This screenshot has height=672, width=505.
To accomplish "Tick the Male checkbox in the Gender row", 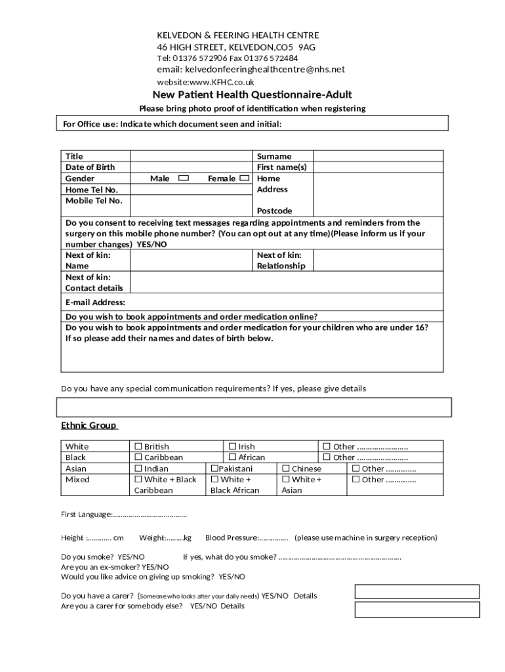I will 184,178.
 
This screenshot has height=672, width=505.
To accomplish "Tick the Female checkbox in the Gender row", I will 244,178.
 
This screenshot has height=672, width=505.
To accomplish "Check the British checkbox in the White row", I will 138,446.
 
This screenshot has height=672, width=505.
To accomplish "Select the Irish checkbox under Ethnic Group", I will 232,446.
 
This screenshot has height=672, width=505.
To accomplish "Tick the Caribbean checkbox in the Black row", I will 138,457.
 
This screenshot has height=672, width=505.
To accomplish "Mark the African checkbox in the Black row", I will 232,457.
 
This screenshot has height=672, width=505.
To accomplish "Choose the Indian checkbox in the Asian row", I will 138,469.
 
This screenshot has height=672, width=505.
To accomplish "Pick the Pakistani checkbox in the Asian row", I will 214,469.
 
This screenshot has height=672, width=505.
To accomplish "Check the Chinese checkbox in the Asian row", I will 286,469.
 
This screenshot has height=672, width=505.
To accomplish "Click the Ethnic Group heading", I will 89,425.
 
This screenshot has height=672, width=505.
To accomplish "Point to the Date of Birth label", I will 90,167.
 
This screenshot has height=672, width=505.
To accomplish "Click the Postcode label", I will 274,211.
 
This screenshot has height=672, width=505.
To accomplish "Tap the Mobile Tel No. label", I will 94,200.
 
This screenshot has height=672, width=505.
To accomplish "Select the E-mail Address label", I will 95,303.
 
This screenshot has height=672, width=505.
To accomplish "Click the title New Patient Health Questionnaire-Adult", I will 253,94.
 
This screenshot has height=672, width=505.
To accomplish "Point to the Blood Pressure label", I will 232,537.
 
